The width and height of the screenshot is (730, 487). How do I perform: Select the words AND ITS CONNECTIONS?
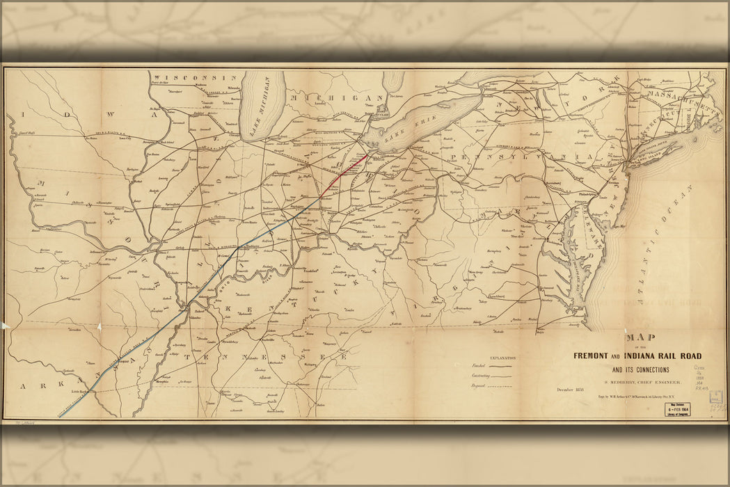click(640, 369)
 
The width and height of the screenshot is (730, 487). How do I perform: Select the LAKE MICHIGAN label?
click(261, 104)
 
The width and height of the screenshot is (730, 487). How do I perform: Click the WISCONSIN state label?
click(196, 77)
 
